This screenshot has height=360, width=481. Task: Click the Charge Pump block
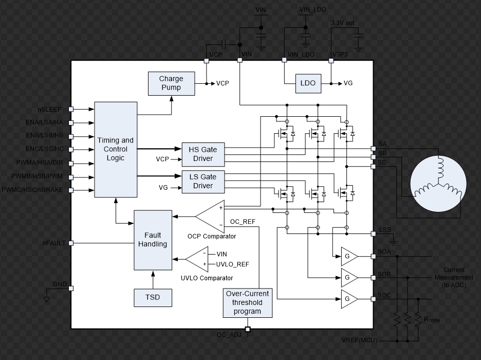(172, 84)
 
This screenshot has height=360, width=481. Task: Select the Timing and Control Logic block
(116, 149)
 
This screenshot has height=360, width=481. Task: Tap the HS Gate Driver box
(202, 154)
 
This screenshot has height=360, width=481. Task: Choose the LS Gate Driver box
(202, 181)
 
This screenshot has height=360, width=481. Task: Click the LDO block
(308, 83)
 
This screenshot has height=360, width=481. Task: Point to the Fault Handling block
(153, 240)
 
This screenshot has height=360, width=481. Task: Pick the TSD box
(153, 297)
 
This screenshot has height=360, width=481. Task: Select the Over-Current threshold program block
(247, 303)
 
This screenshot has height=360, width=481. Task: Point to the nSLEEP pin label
(50, 109)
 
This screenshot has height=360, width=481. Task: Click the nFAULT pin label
(54, 243)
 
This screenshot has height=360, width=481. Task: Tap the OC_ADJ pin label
(229, 335)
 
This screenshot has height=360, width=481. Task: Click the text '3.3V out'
(343, 23)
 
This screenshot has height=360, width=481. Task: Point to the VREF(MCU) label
(359, 340)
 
